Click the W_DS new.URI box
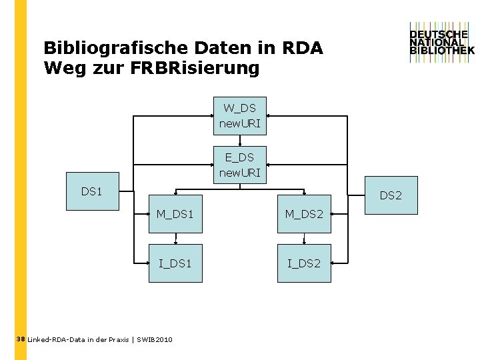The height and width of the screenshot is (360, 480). tap(239, 115)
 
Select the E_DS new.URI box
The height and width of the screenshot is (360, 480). tap(239, 165)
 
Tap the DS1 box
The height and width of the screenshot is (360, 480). tap(92, 191)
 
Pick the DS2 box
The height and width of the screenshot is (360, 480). tap(391, 195)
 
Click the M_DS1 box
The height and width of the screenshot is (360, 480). tap(175, 214)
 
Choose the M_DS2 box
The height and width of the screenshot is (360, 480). tap(304, 214)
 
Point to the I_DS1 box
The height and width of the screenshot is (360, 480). tap(175, 263)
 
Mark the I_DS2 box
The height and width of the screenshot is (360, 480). tap(304, 263)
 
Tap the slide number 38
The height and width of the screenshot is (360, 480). tap(20, 339)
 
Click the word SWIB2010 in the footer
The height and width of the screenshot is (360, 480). tap(155, 340)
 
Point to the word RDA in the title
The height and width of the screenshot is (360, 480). tap(303, 49)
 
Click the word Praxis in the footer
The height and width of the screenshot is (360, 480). tap(116, 340)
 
